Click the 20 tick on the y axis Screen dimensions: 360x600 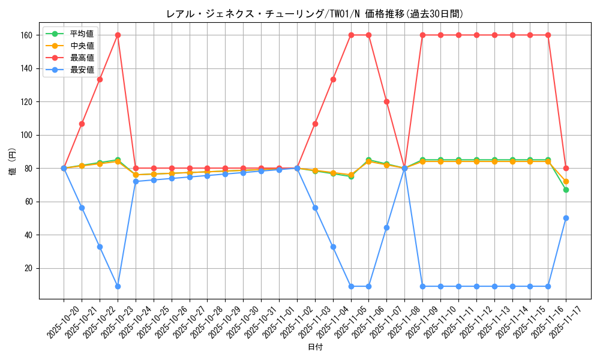pos(28,268)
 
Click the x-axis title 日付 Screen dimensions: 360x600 pos(315,347)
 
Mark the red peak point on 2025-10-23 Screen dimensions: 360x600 pos(118,35)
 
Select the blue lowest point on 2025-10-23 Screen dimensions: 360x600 pos(118,286)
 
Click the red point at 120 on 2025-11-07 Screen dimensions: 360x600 pos(386,101)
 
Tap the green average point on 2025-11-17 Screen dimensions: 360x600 pos(566,190)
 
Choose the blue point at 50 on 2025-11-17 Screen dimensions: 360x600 pos(566,218)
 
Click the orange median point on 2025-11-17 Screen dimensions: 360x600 pos(566,181)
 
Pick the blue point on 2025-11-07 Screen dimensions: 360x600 pos(386,227)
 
